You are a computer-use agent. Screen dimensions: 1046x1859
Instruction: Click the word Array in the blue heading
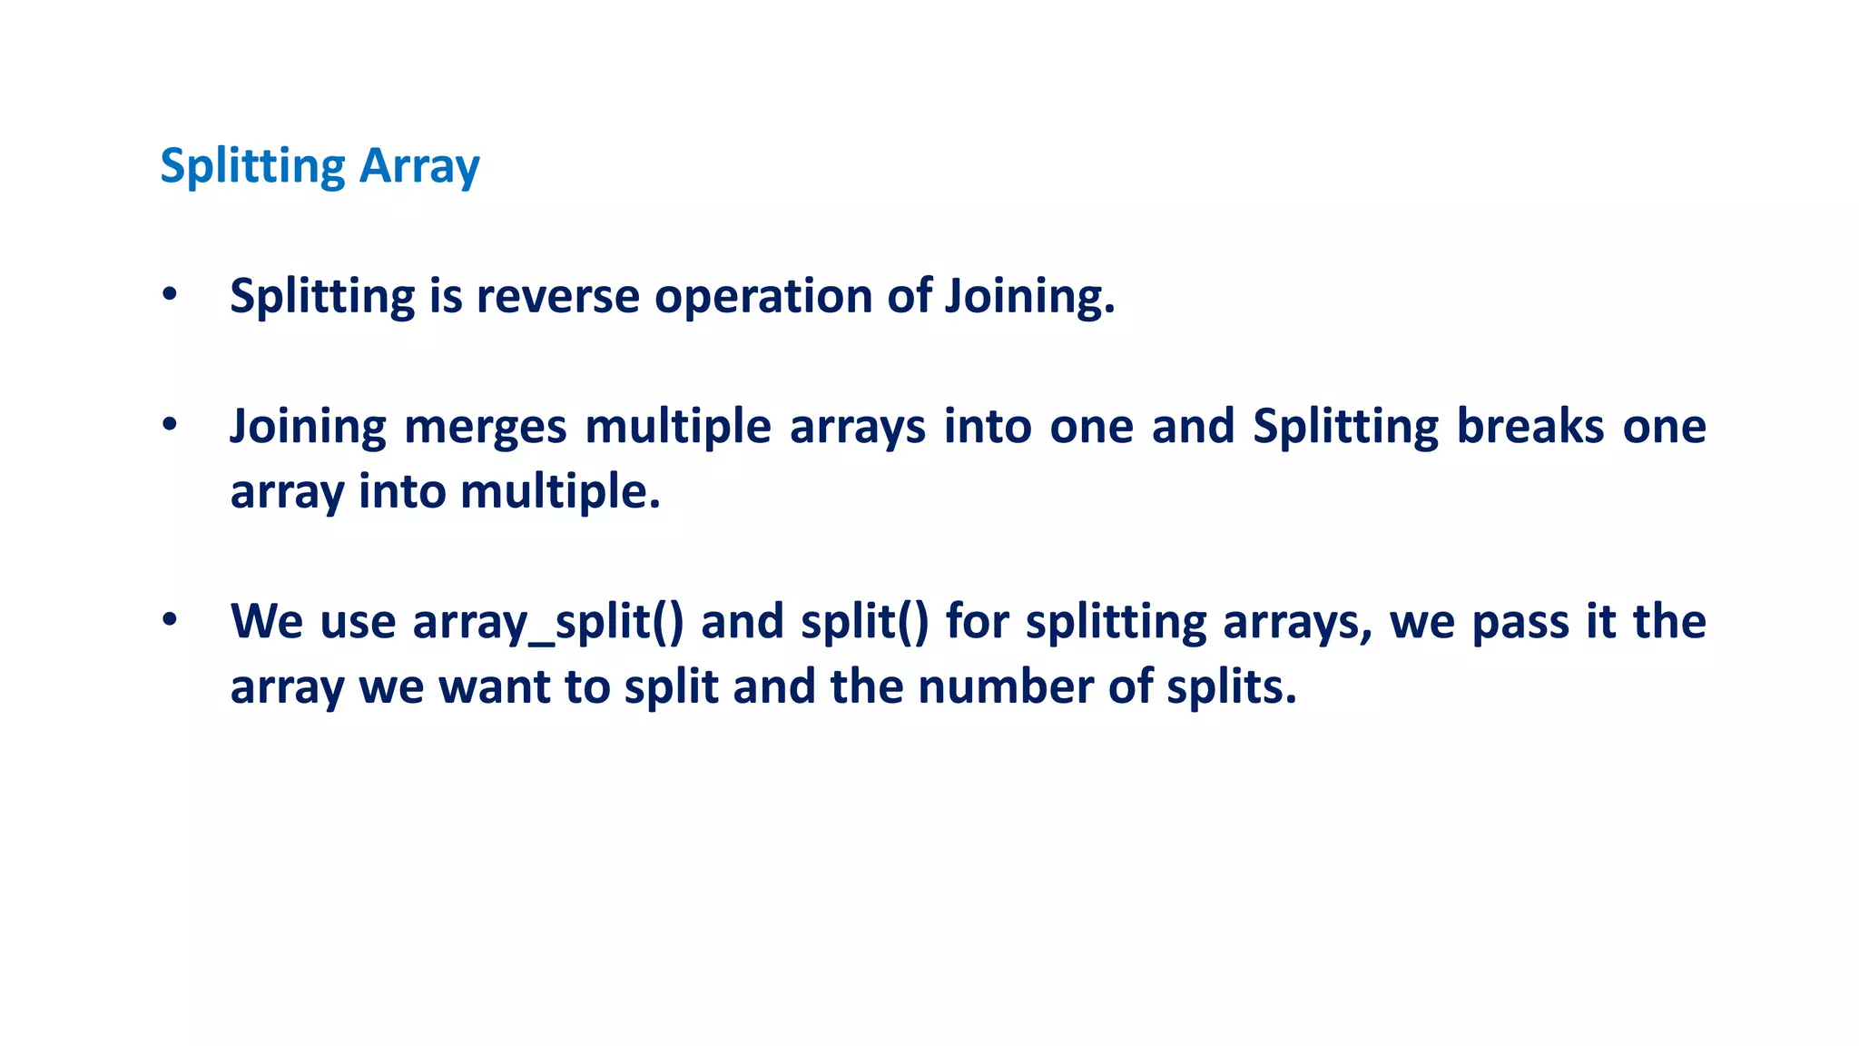419,167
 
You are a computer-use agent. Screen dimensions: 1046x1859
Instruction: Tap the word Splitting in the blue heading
252,167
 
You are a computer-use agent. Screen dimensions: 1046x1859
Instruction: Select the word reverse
557,296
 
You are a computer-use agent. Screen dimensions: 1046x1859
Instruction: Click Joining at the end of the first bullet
1029,298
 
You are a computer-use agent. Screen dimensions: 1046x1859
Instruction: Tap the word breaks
1530,426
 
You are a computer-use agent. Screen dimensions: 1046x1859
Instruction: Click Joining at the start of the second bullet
308,427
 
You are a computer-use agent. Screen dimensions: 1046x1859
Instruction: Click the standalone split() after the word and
865,623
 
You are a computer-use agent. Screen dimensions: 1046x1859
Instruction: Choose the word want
495,687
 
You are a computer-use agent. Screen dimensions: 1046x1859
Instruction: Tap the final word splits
1231,687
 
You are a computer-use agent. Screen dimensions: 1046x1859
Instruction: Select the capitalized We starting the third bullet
267,622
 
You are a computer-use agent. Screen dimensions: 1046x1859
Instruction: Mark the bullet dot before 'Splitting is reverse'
170,295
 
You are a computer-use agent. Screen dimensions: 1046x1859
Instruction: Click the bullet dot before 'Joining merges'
170,425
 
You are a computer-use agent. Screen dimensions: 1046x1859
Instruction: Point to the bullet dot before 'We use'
170,621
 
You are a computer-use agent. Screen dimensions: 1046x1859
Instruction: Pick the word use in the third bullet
358,623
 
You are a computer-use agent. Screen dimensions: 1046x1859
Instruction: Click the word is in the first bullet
445,296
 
